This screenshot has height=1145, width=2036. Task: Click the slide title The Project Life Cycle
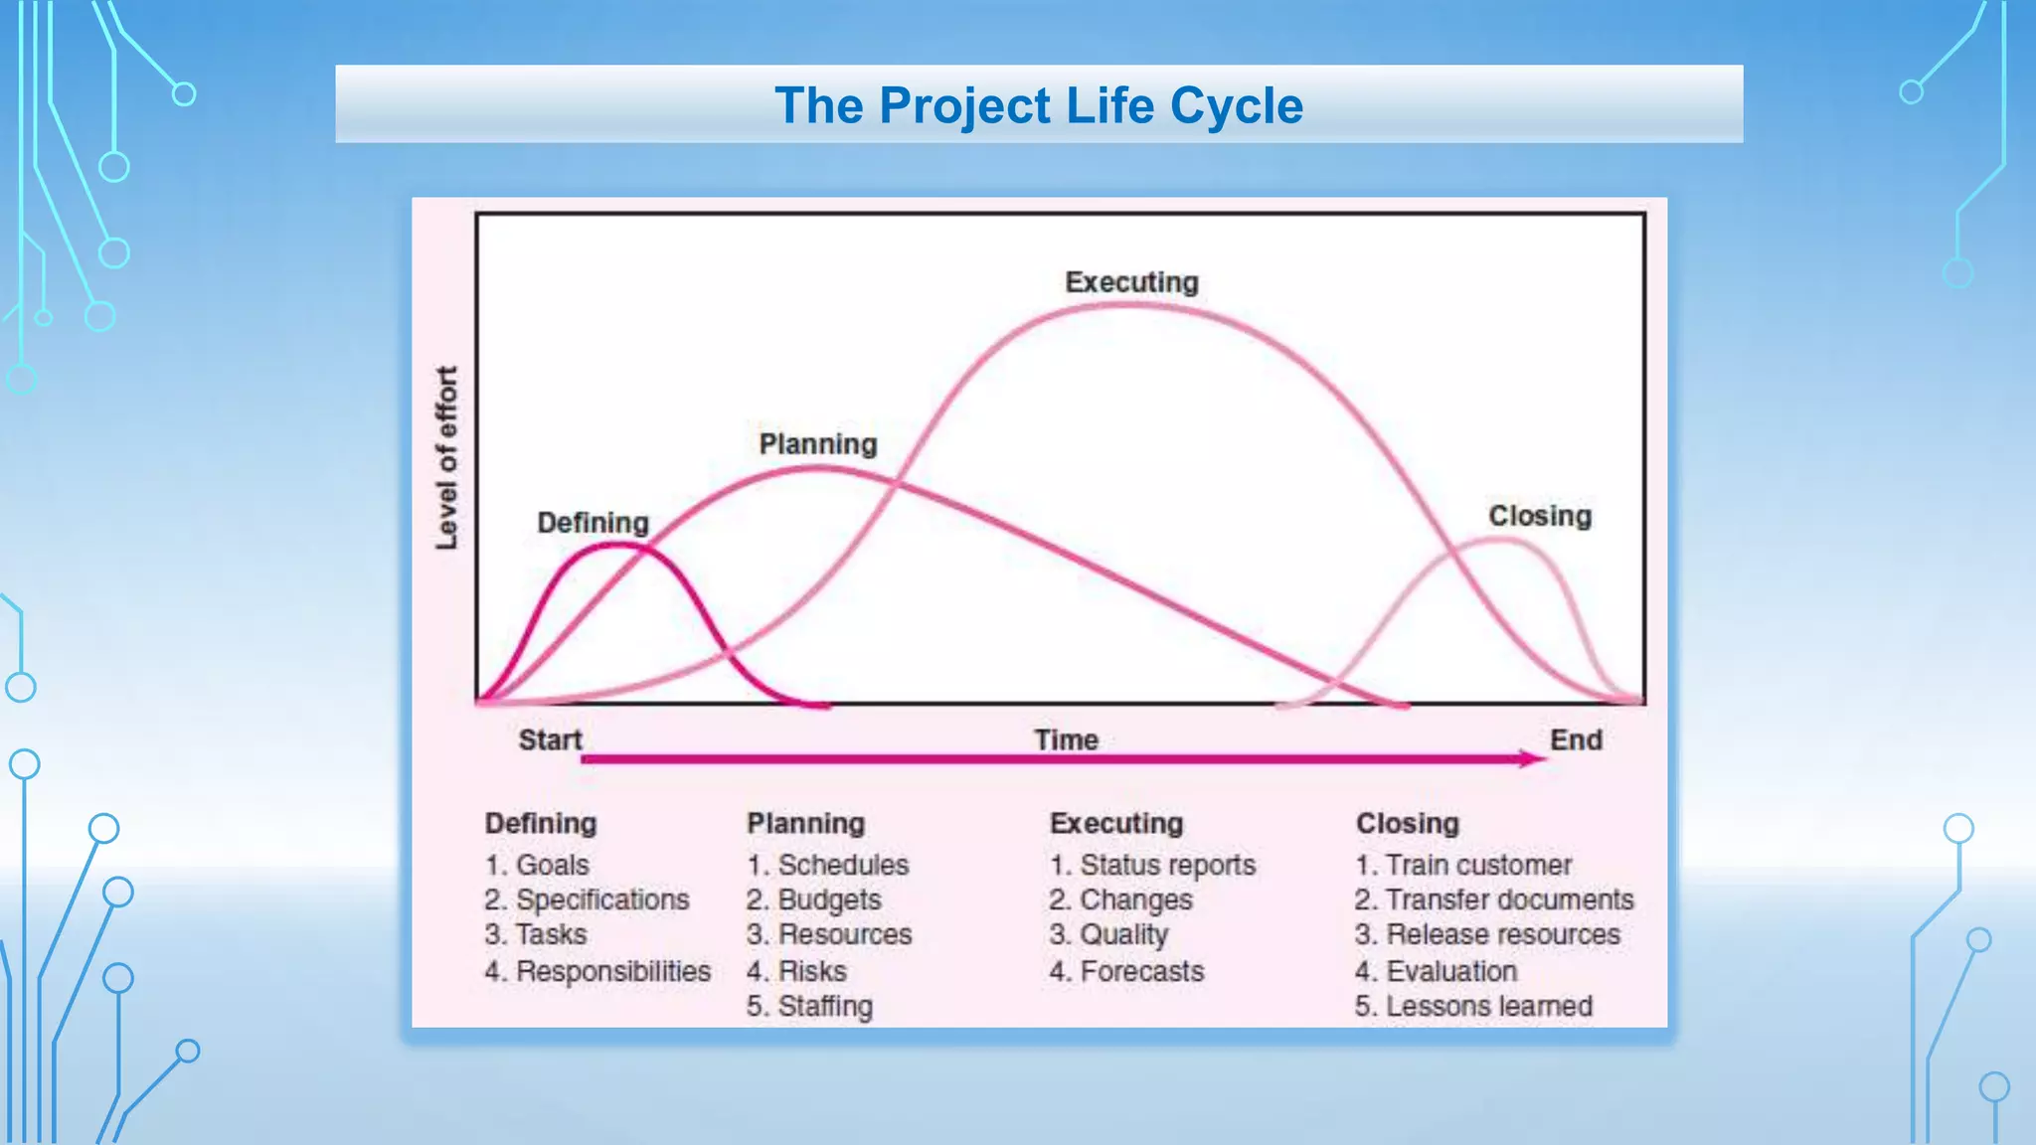[1038, 105]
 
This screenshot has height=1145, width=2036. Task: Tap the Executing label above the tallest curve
[1131, 282]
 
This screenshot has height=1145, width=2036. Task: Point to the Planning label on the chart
[817, 444]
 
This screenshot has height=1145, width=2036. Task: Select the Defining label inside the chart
[593, 523]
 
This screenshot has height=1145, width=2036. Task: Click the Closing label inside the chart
[1539, 516]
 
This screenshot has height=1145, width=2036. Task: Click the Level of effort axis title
[446, 457]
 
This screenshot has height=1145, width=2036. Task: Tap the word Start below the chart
[550, 739]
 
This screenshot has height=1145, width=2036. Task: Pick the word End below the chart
[1576, 739]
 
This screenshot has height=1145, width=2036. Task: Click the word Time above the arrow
[1066, 739]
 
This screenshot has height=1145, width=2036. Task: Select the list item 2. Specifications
[587, 900]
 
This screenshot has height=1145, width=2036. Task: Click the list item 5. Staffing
[809, 1006]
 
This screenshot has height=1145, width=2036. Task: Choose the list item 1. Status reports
[1152, 865]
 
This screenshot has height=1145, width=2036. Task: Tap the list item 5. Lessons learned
[1473, 1006]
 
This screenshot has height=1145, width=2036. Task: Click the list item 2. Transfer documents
[1493, 900]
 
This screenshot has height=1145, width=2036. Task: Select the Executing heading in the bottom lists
[1115, 823]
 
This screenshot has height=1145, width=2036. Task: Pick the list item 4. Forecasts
[1126, 971]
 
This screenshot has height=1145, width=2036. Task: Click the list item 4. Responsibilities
[597, 971]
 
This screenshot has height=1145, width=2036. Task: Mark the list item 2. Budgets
[813, 900]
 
